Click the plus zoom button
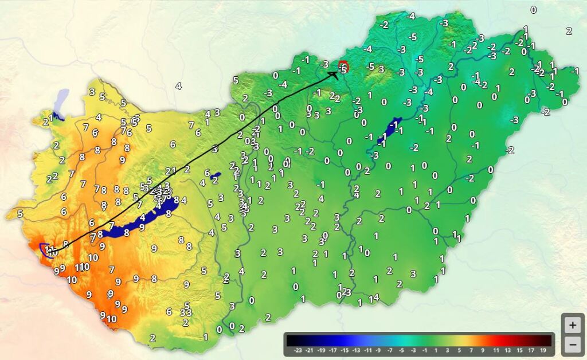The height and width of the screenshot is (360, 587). pos(572,325)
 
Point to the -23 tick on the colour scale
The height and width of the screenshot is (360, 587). pos(298,349)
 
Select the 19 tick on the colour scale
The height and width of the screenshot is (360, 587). pos(542,349)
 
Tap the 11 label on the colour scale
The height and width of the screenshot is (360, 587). pos(496,349)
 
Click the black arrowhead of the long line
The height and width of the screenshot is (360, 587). pos(334,73)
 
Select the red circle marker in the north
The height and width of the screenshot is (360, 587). pos(343,66)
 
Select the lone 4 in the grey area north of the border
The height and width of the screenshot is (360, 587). pos(178,86)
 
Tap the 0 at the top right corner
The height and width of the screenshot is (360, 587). pos(533,10)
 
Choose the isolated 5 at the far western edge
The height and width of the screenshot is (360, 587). pos(20,214)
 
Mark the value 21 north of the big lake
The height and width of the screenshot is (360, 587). pos(170,171)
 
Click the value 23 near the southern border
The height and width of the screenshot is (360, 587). pos(346,292)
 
